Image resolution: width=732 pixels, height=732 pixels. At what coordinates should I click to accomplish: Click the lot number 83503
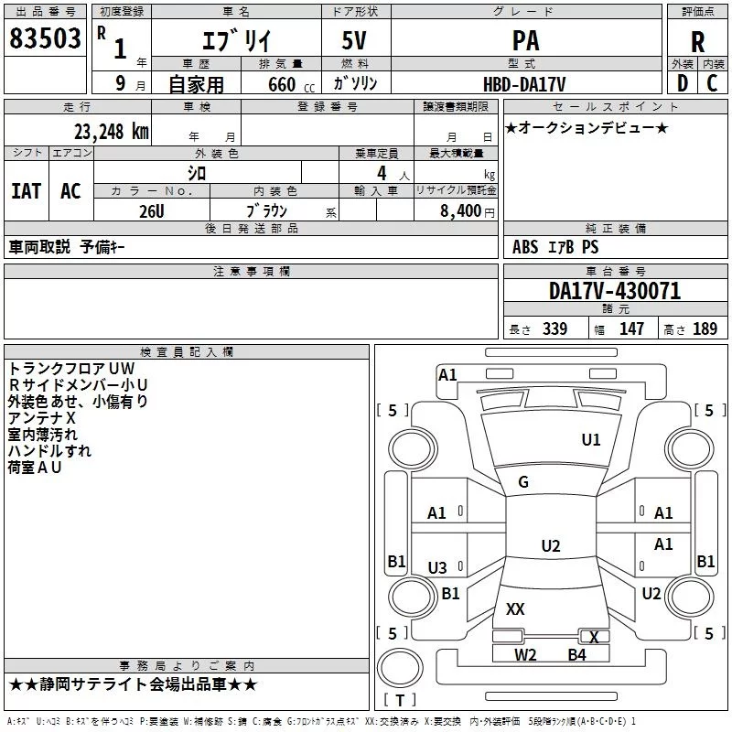point(46,41)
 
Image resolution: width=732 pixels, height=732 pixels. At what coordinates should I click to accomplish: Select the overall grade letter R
point(698,42)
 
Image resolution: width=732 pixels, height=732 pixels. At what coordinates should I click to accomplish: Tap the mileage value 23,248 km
point(111,131)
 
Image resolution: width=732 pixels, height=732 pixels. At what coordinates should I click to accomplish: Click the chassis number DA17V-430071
point(615,291)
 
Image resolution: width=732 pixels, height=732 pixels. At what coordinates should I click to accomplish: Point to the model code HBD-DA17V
point(525,84)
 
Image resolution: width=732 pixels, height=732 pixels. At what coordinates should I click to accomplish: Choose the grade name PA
point(525,41)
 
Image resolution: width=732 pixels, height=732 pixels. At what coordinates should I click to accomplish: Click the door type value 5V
point(356,41)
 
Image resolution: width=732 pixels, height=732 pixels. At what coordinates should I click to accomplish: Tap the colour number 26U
point(151,210)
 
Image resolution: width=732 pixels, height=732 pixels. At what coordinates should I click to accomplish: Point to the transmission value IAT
point(26,190)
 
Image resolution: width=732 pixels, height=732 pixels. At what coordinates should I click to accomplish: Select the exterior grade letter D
point(682,83)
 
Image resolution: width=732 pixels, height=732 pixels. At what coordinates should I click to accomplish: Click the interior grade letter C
point(713,83)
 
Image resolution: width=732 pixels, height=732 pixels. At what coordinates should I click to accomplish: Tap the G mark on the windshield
point(523,482)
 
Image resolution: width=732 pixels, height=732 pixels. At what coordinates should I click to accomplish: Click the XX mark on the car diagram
point(515,608)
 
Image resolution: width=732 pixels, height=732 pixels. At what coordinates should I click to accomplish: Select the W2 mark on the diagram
point(525,654)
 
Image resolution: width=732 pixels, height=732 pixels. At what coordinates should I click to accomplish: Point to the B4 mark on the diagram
point(576,654)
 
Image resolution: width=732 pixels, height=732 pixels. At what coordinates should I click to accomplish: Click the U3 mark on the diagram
point(437,568)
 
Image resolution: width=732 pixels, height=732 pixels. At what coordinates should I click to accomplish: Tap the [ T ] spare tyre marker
point(399,701)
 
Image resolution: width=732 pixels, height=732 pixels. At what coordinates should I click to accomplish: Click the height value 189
point(705,329)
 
